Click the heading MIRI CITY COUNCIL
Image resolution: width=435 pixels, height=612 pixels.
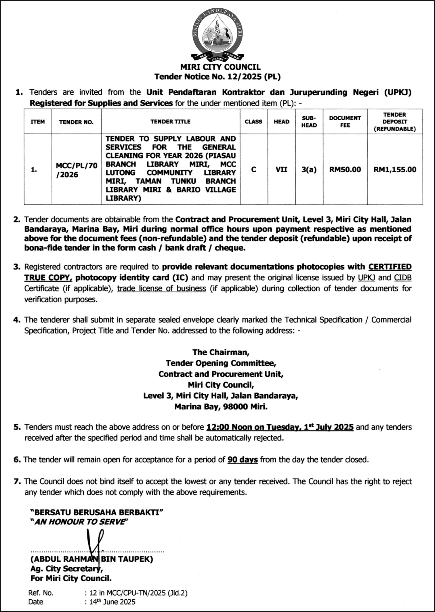(220, 67)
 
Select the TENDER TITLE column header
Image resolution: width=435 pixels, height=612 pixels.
(170, 121)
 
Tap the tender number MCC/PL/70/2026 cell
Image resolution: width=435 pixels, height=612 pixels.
(77, 170)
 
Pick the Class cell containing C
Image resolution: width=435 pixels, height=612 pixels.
(253, 169)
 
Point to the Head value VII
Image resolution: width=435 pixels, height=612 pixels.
(281, 169)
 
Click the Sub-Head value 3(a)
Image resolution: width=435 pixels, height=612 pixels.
(309, 169)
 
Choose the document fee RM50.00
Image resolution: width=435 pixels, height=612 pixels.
(345, 169)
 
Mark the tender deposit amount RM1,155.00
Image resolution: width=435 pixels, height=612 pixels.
(395, 169)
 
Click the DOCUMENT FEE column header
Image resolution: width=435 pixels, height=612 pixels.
(345, 121)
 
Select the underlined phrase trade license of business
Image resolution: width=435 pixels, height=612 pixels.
(161, 288)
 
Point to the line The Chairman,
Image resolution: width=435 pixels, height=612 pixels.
(221, 352)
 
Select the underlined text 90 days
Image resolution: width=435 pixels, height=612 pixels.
(242, 460)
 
